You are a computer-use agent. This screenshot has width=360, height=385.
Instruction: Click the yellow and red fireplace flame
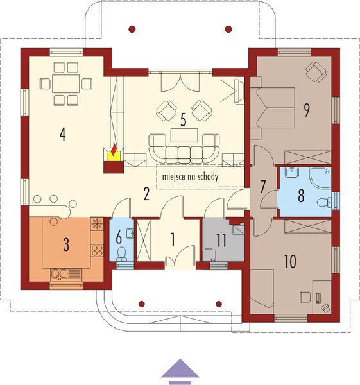tap(113, 152)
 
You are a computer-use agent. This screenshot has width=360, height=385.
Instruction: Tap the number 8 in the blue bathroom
tap(300, 196)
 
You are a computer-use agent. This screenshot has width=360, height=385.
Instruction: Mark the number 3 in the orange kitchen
tap(65, 244)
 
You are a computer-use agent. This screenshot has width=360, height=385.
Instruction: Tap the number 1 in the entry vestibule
tap(172, 239)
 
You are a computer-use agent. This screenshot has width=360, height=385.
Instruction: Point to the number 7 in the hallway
tap(262, 187)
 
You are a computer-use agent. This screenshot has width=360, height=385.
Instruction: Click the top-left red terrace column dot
tap(132, 29)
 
